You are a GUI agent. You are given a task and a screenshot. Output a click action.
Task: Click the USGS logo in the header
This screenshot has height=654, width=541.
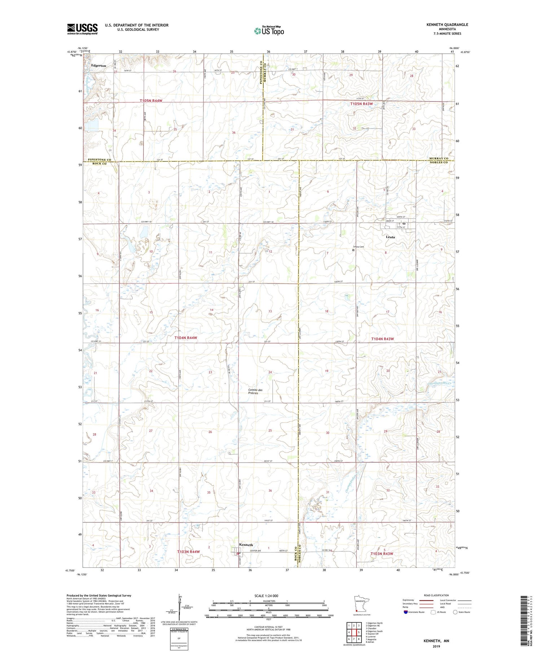click(82, 29)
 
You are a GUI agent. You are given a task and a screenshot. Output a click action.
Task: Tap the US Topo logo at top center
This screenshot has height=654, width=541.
click(269, 31)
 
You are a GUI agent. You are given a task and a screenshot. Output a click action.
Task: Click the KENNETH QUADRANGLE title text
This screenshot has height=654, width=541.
click(447, 25)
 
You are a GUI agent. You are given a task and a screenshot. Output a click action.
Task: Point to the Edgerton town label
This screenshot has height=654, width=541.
click(98, 66)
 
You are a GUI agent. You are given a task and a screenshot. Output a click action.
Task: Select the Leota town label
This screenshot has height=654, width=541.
click(390, 237)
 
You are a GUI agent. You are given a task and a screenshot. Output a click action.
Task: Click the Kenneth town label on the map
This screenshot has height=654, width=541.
click(246, 545)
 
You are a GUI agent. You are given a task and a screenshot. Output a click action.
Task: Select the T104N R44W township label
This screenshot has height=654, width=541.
click(186, 338)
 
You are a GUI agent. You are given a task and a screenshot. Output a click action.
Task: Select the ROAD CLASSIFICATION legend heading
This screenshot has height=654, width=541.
click(436, 595)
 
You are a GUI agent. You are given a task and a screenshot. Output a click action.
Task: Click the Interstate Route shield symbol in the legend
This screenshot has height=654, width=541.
click(406, 612)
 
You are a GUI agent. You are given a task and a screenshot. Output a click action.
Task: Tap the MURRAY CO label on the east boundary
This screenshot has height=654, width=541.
click(439, 158)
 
